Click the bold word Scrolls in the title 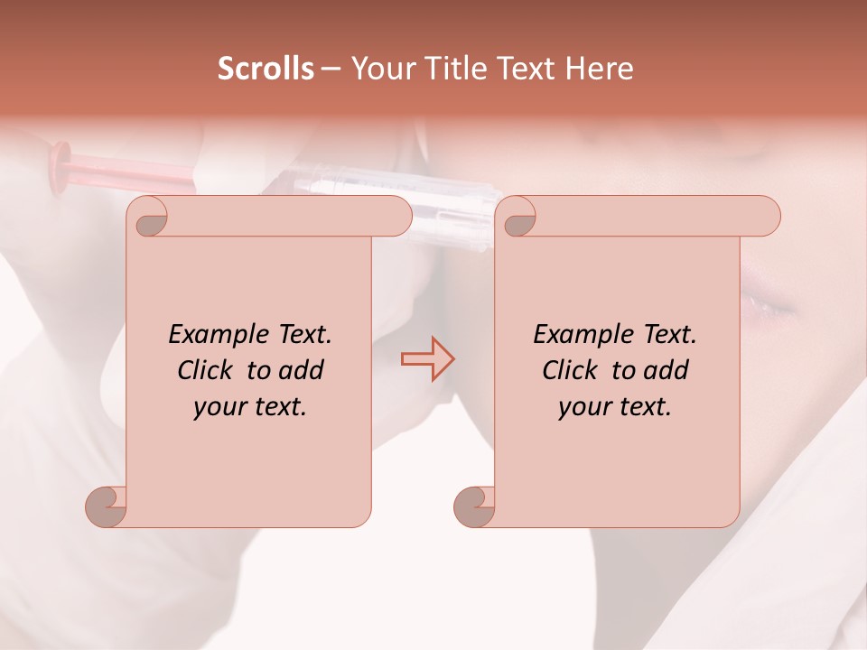[266, 69]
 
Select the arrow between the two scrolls [427, 359]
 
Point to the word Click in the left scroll [208, 371]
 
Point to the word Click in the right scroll [573, 371]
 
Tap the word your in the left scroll [218, 408]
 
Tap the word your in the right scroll [583, 408]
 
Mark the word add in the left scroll [302, 371]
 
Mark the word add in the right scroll [667, 371]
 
